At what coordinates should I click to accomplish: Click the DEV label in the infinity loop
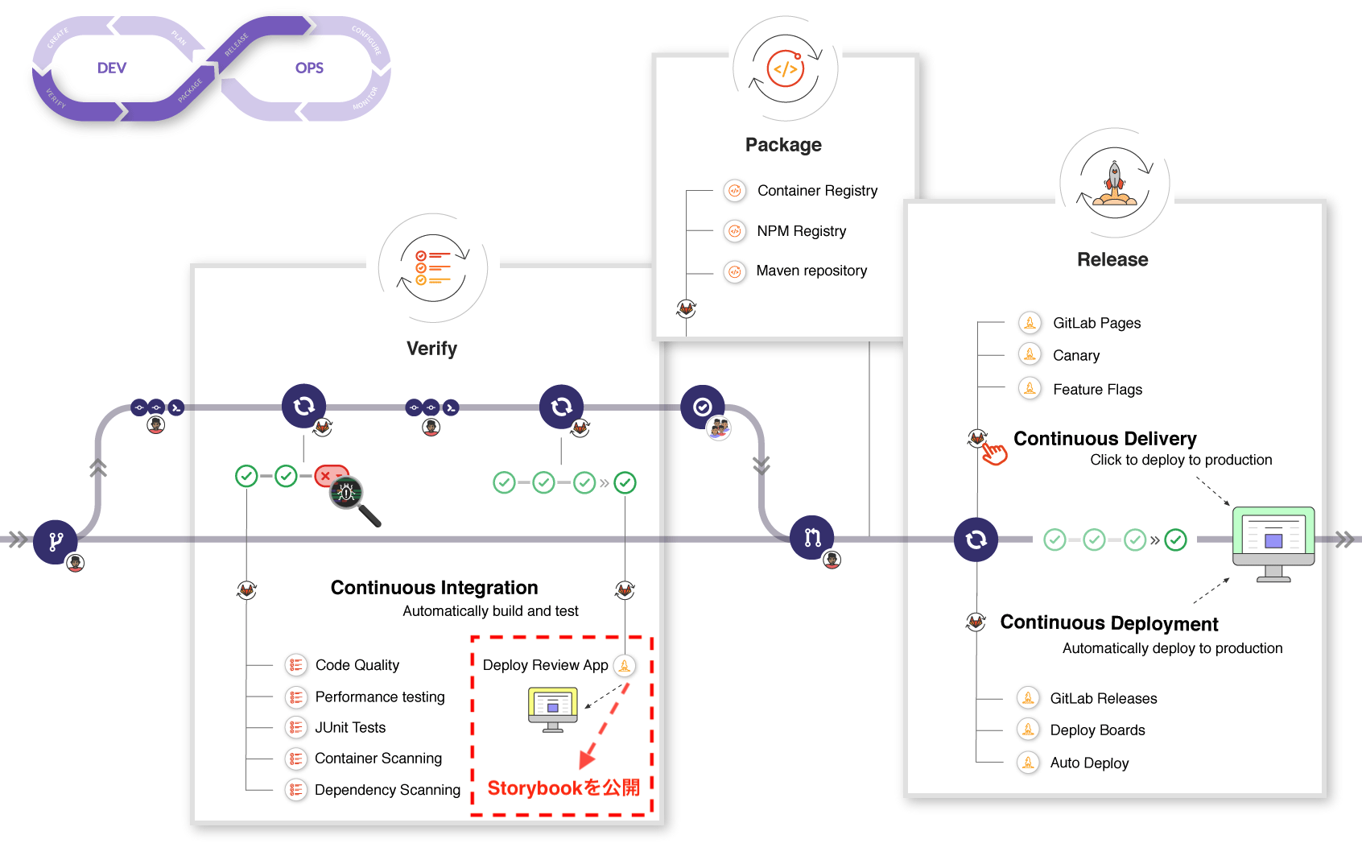pyautogui.click(x=112, y=68)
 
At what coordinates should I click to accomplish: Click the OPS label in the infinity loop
pyautogui.click(x=309, y=68)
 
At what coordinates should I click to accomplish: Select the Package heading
pyautogui.click(x=783, y=145)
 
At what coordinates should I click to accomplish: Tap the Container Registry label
pyautogui.click(x=817, y=191)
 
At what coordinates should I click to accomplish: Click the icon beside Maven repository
pyautogui.click(x=734, y=271)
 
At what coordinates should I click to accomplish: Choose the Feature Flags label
pyautogui.click(x=1097, y=390)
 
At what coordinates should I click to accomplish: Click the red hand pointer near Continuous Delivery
pyautogui.click(x=994, y=453)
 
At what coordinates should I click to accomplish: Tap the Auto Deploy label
pyautogui.click(x=1089, y=763)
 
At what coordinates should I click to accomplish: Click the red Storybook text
pyautogui.click(x=563, y=788)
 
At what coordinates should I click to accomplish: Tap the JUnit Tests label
pyautogui.click(x=350, y=728)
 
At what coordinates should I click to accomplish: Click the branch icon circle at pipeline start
pyautogui.click(x=55, y=541)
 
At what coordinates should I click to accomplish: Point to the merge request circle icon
pyautogui.click(x=811, y=537)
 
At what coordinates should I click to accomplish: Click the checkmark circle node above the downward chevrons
pyautogui.click(x=702, y=407)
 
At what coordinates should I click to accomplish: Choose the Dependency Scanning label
pyautogui.click(x=387, y=790)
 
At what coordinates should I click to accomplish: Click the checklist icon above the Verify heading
pyautogui.click(x=433, y=268)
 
